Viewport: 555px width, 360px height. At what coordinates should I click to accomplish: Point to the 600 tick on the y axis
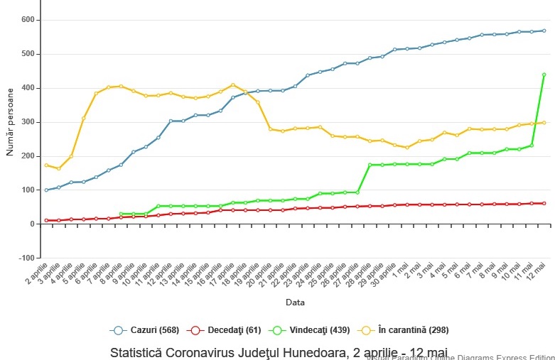pos(26,20)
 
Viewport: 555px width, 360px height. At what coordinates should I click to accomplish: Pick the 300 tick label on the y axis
pos(26,122)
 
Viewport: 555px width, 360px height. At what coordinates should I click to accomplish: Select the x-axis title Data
pos(296,302)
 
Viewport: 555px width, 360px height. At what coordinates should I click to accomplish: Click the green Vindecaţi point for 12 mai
pos(544,75)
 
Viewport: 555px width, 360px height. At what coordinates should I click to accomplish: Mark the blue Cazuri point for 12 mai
pos(544,31)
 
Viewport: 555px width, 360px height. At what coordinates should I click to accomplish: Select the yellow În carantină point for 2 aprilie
pos(46,165)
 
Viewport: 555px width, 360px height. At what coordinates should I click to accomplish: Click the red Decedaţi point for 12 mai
pos(544,204)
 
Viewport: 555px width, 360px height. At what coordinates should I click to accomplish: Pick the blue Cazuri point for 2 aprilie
pos(46,190)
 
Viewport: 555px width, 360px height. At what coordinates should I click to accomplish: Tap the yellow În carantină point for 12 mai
pos(544,123)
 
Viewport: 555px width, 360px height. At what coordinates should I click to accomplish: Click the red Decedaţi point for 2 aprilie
pos(46,220)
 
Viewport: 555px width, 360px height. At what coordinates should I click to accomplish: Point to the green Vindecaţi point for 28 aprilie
pos(370,165)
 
